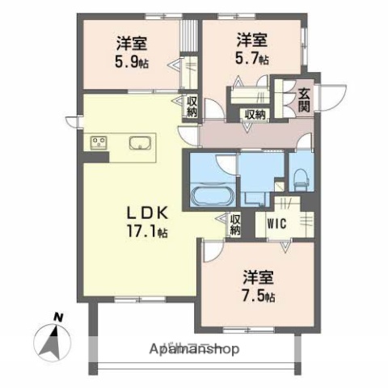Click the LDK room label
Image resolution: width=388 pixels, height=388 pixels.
146,214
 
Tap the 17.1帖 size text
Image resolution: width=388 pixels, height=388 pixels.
146,232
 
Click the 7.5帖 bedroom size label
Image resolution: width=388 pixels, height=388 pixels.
259,296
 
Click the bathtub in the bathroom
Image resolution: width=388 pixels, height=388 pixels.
210,196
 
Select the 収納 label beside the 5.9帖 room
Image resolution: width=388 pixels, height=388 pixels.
192,106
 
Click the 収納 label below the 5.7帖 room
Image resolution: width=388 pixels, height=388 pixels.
255,115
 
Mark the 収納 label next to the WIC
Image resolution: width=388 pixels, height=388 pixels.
235,224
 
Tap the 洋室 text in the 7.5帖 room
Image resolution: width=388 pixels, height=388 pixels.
259,277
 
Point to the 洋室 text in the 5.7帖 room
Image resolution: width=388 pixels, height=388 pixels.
252,38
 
